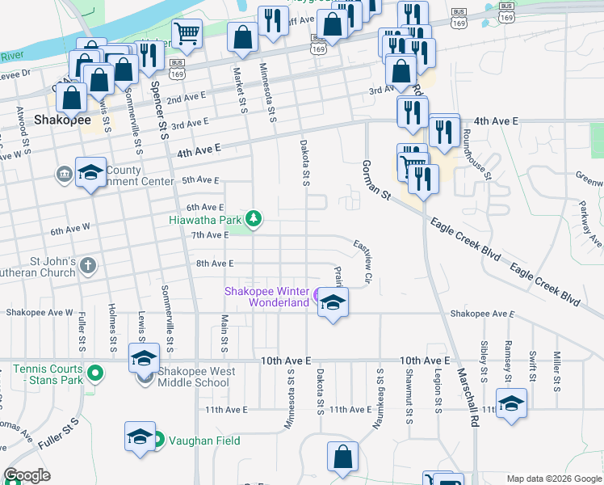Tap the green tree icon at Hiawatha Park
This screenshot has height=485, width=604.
pos(254,218)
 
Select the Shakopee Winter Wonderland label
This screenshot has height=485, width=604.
pos(266,297)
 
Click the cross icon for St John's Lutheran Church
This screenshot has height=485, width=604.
pos(87,264)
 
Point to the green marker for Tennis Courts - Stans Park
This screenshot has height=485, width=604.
pos(95,373)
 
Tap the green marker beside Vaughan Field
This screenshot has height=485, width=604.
pos(158,441)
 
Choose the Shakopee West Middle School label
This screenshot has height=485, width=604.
pos(193,377)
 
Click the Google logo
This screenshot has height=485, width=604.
pos(27,475)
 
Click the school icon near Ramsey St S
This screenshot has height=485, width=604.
pos(511,404)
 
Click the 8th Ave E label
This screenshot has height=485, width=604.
pos(214,264)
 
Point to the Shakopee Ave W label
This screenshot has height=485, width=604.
pos(40,313)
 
